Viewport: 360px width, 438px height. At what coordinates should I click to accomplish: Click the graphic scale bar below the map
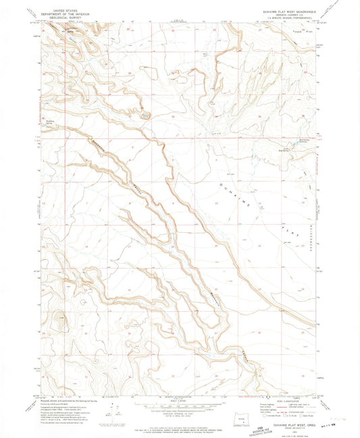[179, 406]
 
